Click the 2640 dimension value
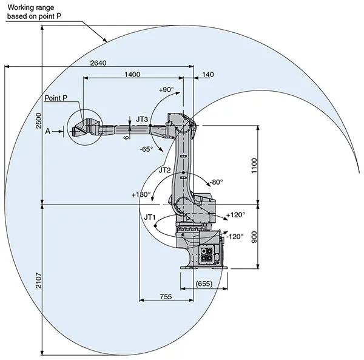pos(99,63)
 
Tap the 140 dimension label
pos(207,74)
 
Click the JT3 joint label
pos(141,119)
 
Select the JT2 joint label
pos(165,171)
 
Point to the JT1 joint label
pos(149,216)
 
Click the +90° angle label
pos(166,90)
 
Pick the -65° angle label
pos(146,148)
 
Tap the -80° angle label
pos(216,182)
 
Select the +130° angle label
pos(141,195)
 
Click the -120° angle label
pos(235,236)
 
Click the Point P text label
pos(56,98)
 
